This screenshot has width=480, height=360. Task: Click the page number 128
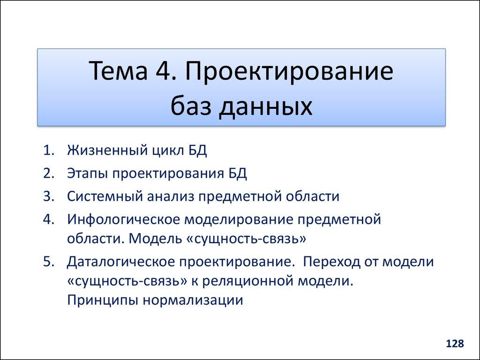click(x=455, y=344)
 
